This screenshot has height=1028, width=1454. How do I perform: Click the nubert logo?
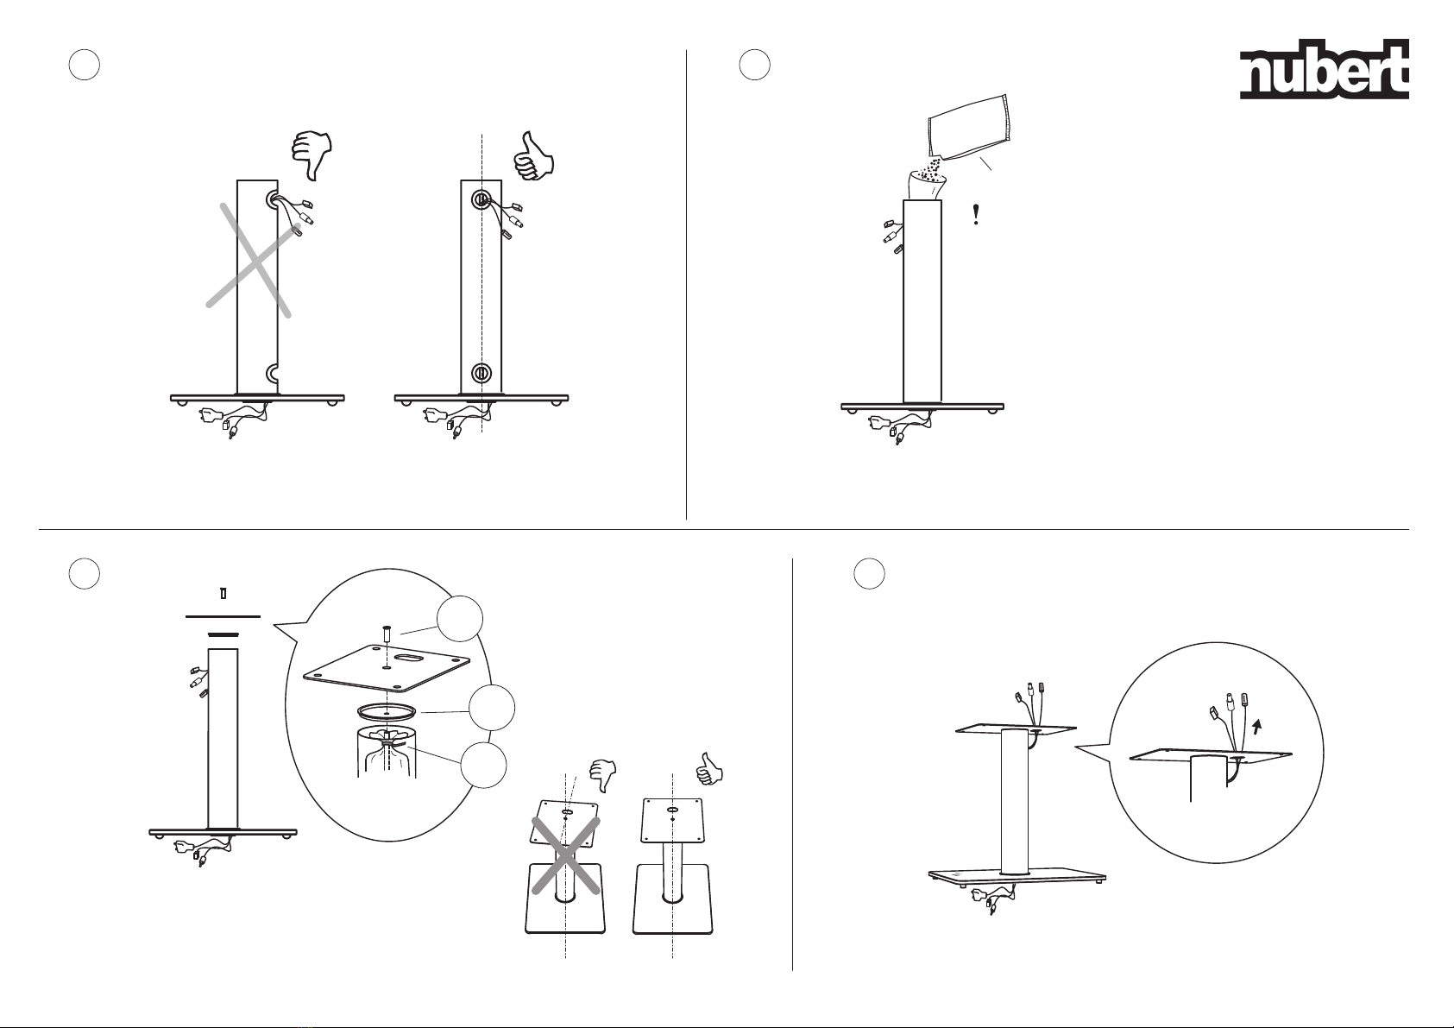pos(1325,69)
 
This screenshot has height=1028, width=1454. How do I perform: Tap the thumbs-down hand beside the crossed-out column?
pos(312,155)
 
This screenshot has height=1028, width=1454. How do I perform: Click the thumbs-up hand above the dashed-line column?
pos(533,156)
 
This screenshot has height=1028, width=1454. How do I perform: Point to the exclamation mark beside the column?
pos(976,214)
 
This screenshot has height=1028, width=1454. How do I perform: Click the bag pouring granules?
pos(968,129)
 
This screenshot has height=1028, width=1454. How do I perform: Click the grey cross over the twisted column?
pos(253,261)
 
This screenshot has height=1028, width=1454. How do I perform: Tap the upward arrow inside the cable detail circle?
pos(1258,725)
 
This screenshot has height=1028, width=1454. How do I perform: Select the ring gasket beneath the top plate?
pos(387,712)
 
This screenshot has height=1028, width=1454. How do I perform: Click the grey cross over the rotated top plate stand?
pos(566,855)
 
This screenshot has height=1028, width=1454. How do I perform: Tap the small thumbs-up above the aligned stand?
pos(708,769)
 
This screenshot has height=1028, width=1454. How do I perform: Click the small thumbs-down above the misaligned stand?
pos(603,775)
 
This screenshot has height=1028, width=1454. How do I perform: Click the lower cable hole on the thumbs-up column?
pos(481,374)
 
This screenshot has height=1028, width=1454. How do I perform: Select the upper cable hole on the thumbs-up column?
pos(481,199)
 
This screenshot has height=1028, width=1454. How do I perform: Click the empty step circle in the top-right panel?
pos(754,65)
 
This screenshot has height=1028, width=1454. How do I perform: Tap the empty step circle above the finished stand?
pos(869,573)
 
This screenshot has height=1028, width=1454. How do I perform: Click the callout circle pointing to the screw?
pos(460,620)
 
